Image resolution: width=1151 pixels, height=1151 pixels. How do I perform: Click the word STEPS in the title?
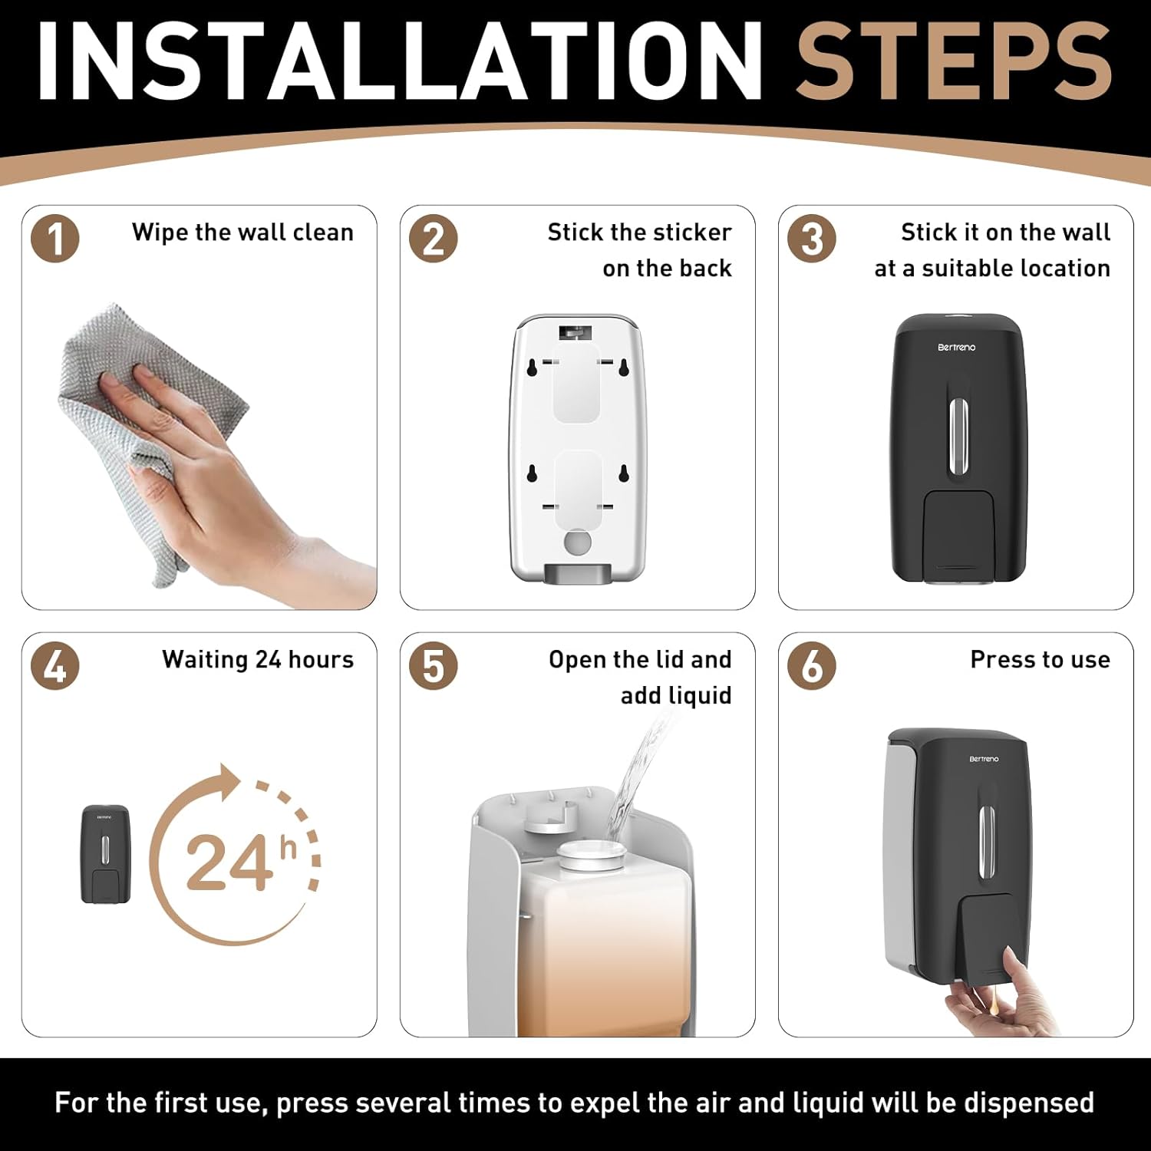pyautogui.click(x=954, y=61)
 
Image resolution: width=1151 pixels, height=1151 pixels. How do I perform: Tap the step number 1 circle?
pyautogui.click(x=55, y=239)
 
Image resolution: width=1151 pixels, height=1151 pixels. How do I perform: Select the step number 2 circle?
pyautogui.click(x=434, y=239)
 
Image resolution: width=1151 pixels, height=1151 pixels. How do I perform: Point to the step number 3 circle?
pyautogui.click(x=812, y=239)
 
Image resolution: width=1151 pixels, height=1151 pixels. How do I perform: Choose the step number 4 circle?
pyautogui.click(x=55, y=665)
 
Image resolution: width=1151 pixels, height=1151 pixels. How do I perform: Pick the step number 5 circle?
pyautogui.click(x=434, y=665)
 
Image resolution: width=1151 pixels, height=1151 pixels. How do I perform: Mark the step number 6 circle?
pyautogui.click(x=812, y=665)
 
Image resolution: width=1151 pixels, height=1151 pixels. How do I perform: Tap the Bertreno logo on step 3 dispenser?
pyautogui.click(x=956, y=348)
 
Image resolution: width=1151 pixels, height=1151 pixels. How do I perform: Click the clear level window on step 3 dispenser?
pyautogui.click(x=958, y=436)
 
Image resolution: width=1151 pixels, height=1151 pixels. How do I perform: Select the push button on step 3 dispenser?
pyautogui.click(x=959, y=533)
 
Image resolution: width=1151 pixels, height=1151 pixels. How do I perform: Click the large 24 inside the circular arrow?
pyautogui.click(x=229, y=863)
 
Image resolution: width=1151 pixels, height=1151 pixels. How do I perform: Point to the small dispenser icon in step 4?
pyautogui.click(x=106, y=854)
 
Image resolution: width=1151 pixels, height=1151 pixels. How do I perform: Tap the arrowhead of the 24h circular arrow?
pyautogui.click(x=227, y=780)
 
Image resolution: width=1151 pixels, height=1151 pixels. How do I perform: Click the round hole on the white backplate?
pyautogui.click(x=577, y=542)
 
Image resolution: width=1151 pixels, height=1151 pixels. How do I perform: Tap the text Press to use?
pyautogui.click(x=1040, y=660)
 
